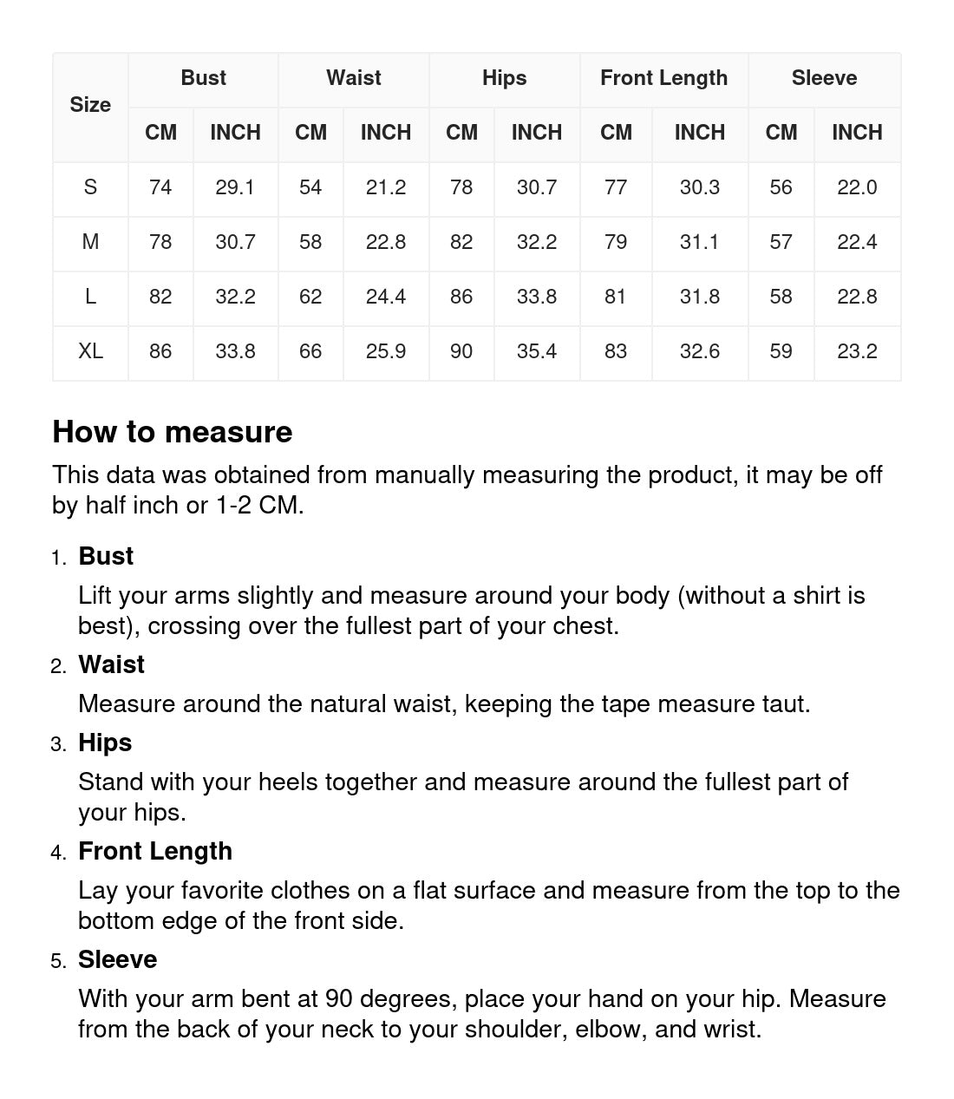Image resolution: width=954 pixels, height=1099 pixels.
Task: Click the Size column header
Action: (x=90, y=105)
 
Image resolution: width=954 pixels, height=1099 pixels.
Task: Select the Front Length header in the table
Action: (x=663, y=78)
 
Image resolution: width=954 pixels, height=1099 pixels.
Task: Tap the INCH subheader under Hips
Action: (x=536, y=133)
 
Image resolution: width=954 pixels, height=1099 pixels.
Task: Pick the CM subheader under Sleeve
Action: (x=781, y=133)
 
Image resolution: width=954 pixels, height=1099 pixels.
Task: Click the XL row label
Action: (x=90, y=351)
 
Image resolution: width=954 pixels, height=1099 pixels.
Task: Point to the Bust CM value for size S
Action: (x=160, y=187)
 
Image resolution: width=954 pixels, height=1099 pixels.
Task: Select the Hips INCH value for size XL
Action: (x=536, y=351)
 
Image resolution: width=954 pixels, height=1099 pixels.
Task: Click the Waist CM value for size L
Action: (x=310, y=297)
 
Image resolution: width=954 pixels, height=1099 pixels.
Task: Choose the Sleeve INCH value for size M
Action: (x=857, y=242)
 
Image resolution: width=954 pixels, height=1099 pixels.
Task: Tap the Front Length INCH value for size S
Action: (x=699, y=187)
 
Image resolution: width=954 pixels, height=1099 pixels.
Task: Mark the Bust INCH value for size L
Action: (x=235, y=297)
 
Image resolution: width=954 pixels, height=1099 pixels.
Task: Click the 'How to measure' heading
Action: (x=173, y=432)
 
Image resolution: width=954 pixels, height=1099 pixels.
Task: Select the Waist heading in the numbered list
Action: (x=111, y=664)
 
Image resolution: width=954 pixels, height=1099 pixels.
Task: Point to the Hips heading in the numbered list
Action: (x=105, y=742)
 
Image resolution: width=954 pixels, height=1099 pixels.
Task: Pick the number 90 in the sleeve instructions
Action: (x=339, y=998)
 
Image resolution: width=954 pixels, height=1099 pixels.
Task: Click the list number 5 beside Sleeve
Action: (x=57, y=961)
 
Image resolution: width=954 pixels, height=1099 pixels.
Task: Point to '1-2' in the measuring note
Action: (x=233, y=505)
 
